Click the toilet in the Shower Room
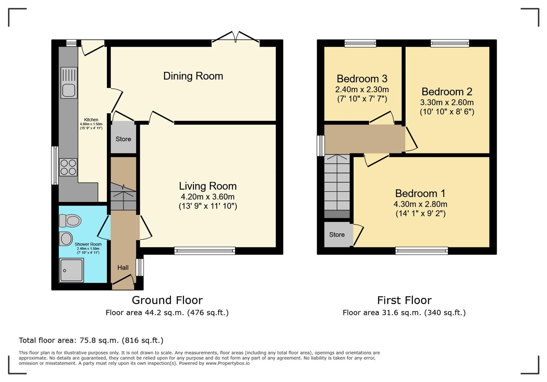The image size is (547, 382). [x=70, y=221]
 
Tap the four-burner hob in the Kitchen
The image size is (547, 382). [x=68, y=167]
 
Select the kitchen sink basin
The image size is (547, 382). [x=69, y=91]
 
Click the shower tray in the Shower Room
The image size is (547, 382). [x=72, y=271]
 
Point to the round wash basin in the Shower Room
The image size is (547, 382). [x=66, y=238]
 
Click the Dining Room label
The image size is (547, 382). [x=193, y=76]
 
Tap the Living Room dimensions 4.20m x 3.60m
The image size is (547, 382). [x=208, y=197]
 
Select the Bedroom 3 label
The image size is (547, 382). [x=362, y=79]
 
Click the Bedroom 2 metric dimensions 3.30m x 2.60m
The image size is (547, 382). [x=447, y=102]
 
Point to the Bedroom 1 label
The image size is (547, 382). [x=420, y=193]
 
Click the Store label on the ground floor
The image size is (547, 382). [x=123, y=139]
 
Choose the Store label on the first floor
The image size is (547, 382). [x=337, y=235]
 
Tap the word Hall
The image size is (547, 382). [x=123, y=268]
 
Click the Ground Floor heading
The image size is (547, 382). [x=167, y=300]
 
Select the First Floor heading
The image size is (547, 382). [x=404, y=300]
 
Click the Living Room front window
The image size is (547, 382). [x=205, y=251]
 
